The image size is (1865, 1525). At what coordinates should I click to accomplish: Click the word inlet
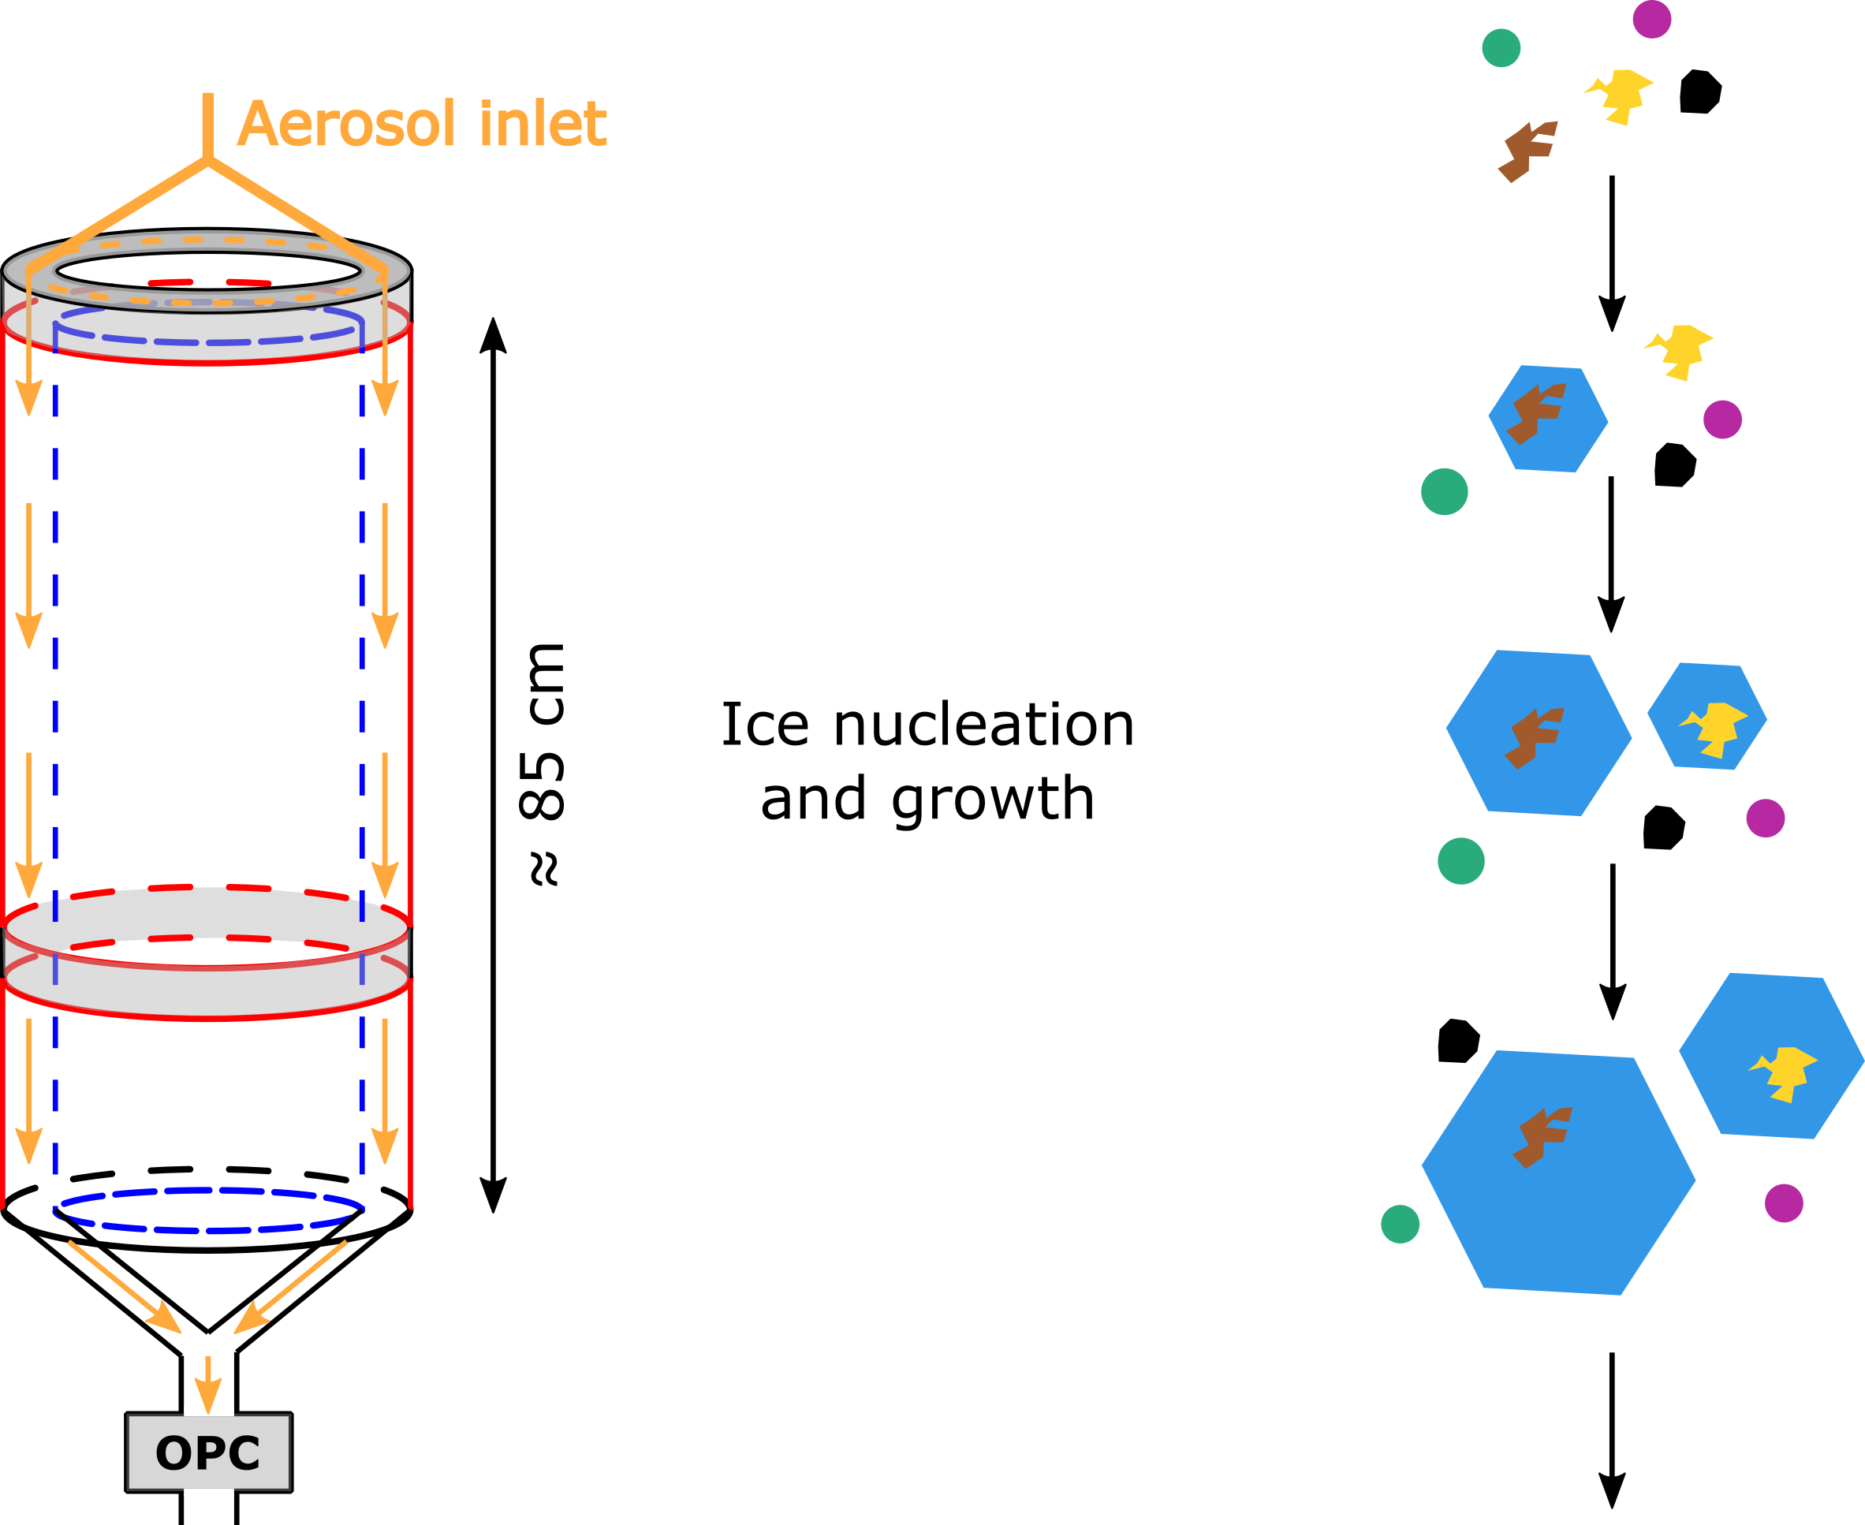pyautogui.click(x=542, y=124)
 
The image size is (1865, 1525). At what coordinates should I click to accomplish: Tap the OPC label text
pyautogui.click(x=208, y=1453)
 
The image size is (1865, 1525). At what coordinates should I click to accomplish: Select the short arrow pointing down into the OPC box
pyautogui.click(x=208, y=1384)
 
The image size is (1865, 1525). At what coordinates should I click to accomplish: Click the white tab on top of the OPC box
pyautogui.click(x=208, y=1411)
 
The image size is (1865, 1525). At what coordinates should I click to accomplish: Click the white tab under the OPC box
pyautogui.click(x=208, y=1492)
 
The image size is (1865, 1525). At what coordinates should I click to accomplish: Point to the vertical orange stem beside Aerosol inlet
pyautogui.click(x=208, y=123)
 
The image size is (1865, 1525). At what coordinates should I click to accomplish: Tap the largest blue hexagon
pyautogui.click(x=1557, y=1172)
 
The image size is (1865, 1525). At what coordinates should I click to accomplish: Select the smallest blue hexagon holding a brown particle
pyautogui.click(x=1548, y=419)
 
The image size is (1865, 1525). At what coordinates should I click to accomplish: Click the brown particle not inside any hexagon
pyautogui.click(x=1527, y=151)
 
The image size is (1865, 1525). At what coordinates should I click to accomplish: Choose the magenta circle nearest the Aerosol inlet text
pyautogui.click(x=1651, y=20)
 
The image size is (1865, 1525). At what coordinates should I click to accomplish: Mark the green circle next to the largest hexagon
pyautogui.click(x=1401, y=1225)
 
